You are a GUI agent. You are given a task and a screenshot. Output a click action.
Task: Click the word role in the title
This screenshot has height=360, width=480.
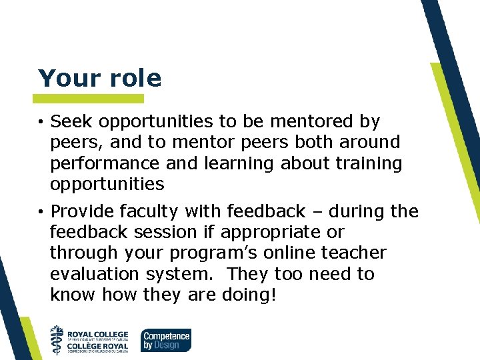[x=133, y=79]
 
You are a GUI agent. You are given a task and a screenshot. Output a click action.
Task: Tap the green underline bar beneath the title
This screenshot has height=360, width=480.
[x=90, y=99]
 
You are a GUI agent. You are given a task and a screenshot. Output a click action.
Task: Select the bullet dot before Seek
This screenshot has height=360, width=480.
[x=41, y=122]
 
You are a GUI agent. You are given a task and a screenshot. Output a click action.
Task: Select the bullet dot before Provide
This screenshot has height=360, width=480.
[x=41, y=213]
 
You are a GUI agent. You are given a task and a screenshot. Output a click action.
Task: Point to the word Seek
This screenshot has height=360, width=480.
[x=71, y=122]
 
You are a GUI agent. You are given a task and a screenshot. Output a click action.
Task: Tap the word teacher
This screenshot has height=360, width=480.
[x=353, y=253]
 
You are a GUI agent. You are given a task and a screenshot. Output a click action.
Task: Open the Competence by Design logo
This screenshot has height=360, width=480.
[x=165, y=339]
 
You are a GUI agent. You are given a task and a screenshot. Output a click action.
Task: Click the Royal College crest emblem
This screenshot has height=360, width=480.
[x=57, y=339]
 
